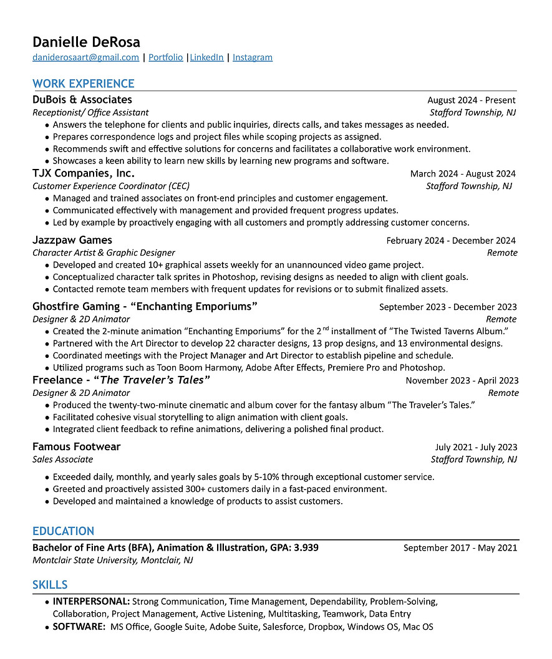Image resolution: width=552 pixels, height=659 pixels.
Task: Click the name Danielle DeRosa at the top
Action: [x=86, y=42]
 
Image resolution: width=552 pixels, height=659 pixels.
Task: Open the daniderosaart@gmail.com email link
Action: [x=85, y=57]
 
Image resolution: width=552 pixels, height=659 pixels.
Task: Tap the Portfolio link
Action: [x=165, y=57]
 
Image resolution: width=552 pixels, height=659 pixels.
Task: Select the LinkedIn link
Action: [x=206, y=57]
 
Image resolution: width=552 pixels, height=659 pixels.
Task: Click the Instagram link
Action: [x=252, y=57]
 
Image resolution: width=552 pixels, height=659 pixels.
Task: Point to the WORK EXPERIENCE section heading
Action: [x=83, y=84]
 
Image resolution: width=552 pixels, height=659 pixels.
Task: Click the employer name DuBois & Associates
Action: [x=82, y=100]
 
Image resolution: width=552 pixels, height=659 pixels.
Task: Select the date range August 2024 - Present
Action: [x=471, y=100]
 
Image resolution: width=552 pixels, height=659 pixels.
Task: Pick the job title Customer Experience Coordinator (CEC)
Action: [x=111, y=186]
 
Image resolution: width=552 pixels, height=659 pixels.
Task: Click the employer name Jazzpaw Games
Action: [x=72, y=240]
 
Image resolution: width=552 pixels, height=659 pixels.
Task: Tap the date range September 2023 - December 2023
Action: [x=447, y=307]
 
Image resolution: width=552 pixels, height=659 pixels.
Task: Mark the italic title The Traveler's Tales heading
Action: [x=155, y=380]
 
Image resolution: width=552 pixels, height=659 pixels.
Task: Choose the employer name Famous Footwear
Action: [x=76, y=446]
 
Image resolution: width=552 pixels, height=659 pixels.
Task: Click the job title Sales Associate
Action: [x=62, y=459]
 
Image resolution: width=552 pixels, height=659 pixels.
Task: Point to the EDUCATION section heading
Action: [x=63, y=531]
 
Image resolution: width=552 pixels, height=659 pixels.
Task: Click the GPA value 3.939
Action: [x=306, y=547]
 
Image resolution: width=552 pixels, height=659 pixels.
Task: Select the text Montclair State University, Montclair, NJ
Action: [x=112, y=560]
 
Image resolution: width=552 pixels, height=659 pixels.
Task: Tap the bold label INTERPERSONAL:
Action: [x=91, y=602]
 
